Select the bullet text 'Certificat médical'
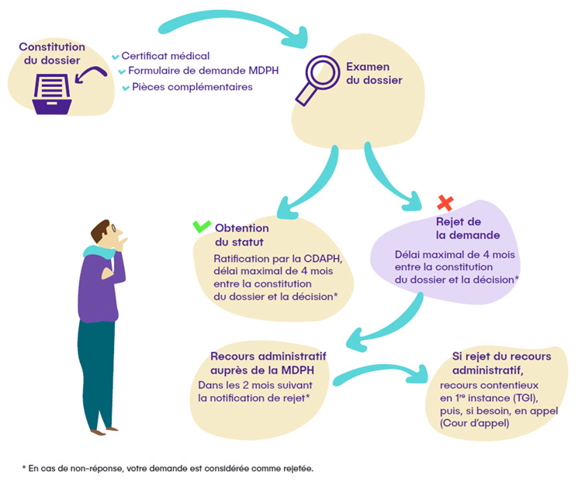point(165,56)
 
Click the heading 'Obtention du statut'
point(241,235)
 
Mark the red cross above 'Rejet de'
point(445,203)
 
